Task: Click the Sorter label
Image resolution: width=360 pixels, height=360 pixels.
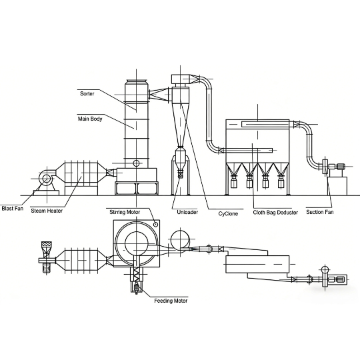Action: click(87, 94)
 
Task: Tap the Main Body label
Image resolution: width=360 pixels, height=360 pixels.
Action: click(90, 119)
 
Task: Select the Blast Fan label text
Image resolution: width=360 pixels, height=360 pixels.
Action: click(13, 209)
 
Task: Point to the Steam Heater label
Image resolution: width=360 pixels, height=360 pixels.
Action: click(47, 211)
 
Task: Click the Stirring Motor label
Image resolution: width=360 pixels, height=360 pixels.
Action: click(125, 212)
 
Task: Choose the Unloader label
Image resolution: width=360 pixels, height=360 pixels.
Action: click(187, 212)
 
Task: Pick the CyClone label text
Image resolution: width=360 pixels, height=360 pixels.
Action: click(228, 214)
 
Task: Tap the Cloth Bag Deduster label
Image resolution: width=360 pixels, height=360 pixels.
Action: click(275, 213)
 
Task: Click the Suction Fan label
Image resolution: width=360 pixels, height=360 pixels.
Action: click(320, 212)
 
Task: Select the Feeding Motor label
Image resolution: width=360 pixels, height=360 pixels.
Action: click(171, 301)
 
